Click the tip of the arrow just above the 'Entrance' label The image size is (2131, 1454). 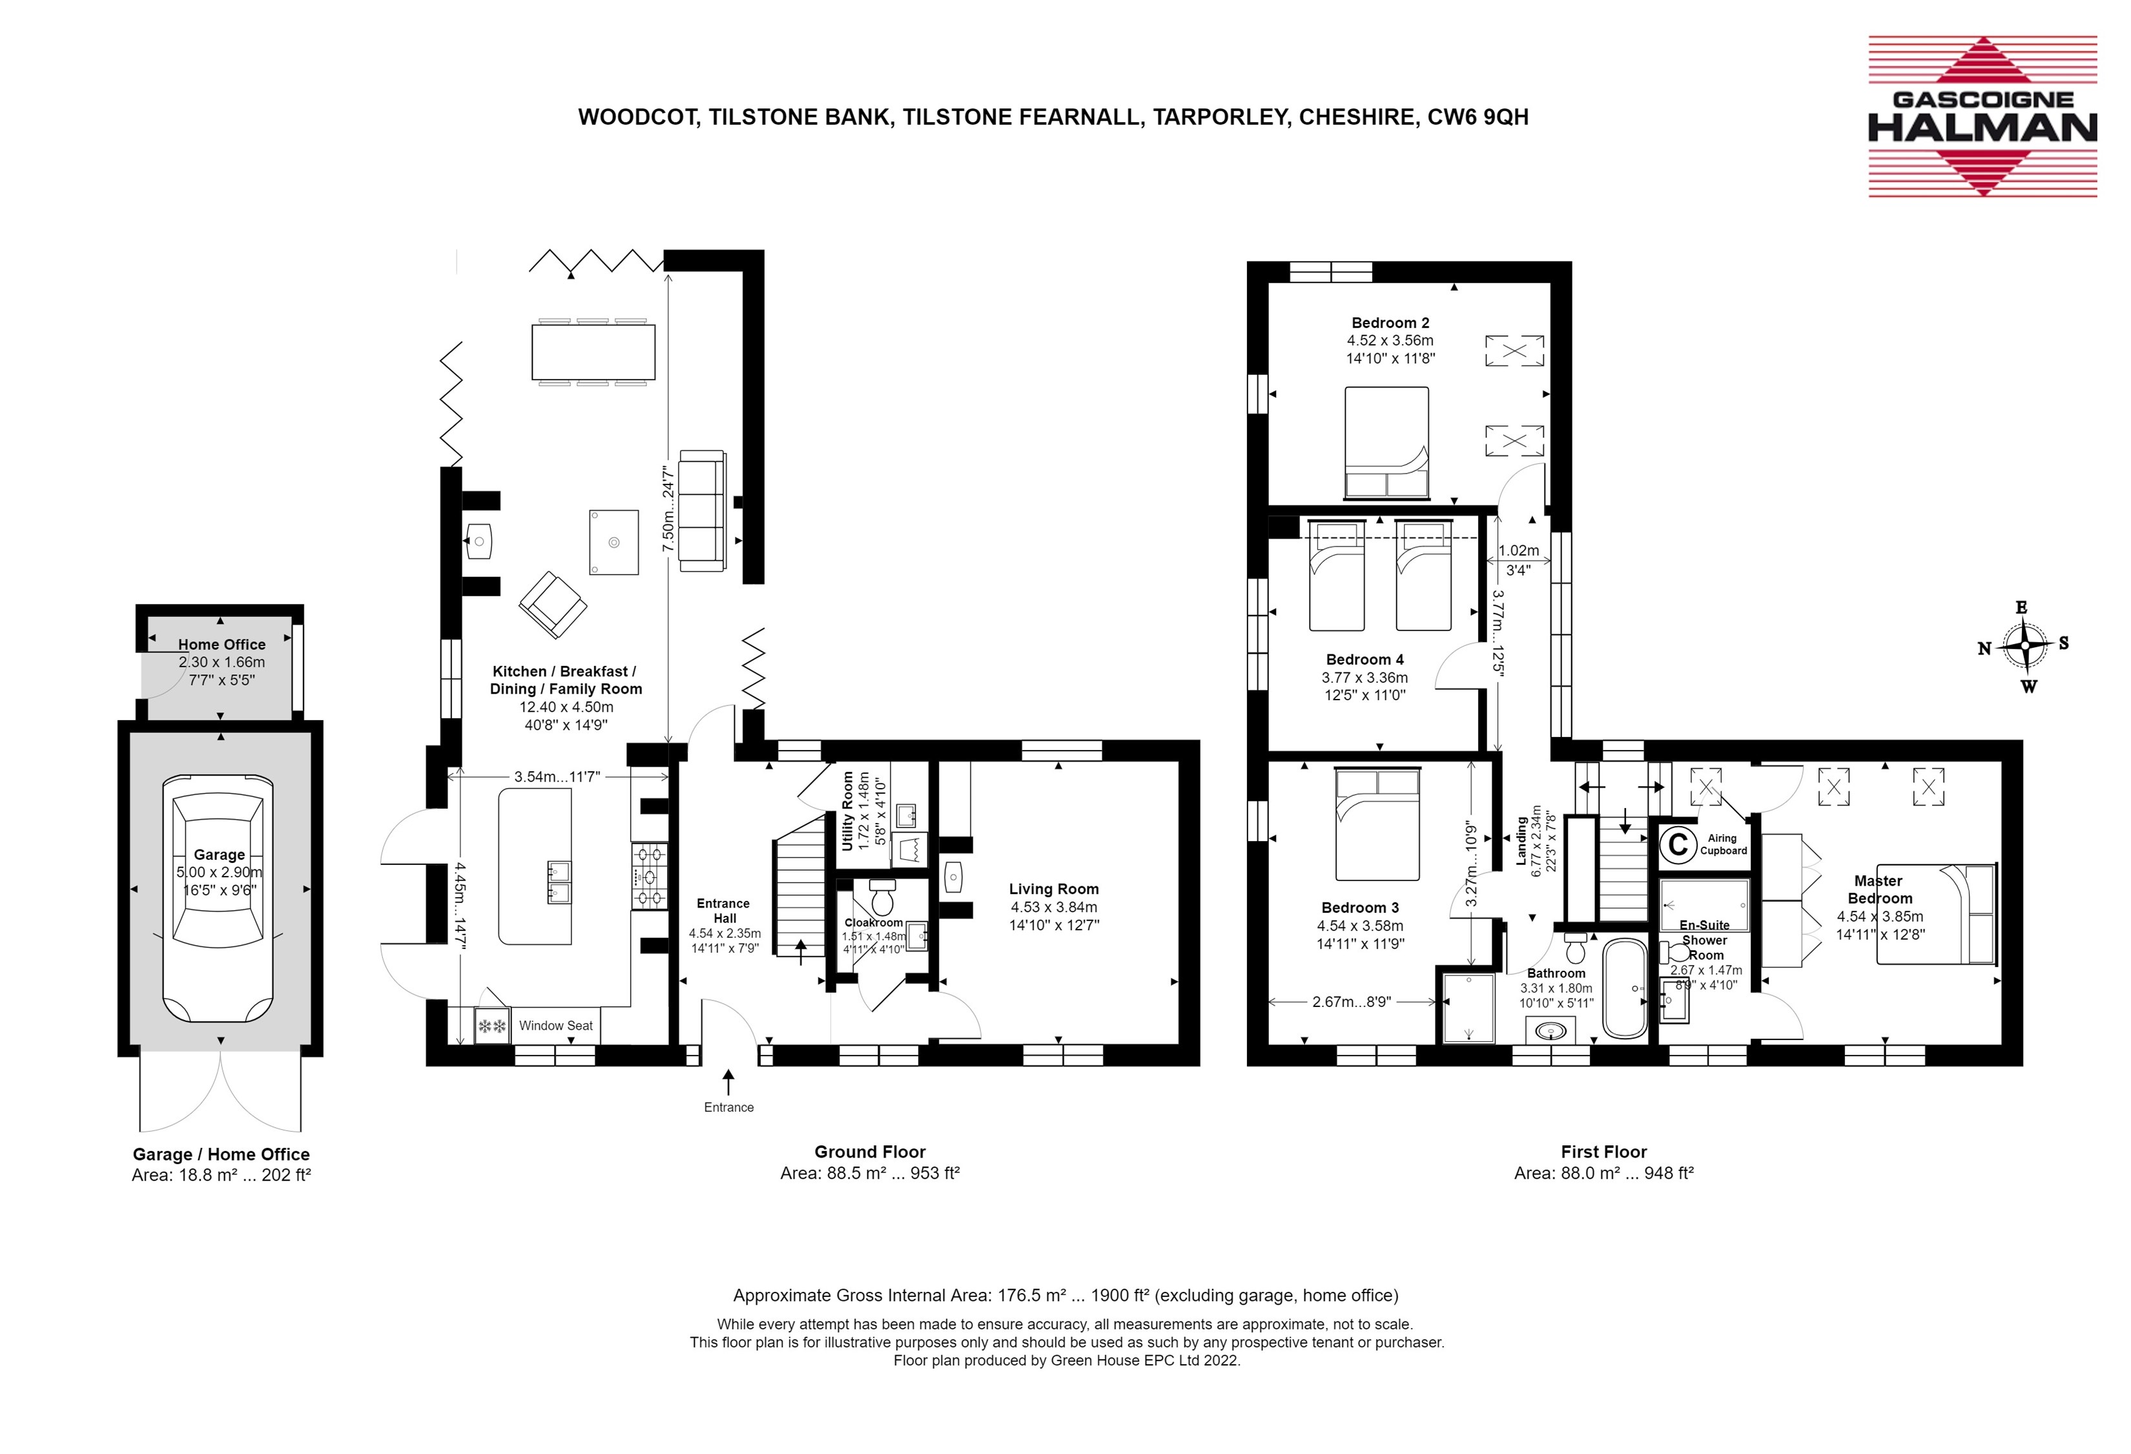click(x=729, y=1069)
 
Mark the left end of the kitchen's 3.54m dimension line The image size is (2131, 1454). click(x=448, y=776)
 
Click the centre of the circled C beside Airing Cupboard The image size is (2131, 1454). click(x=1678, y=844)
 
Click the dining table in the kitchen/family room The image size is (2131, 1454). click(x=593, y=351)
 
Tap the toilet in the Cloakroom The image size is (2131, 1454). click(x=882, y=897)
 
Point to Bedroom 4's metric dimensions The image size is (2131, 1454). click(x=1364, y=678)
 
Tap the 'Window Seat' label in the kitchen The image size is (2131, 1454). click(x=555, y=1026)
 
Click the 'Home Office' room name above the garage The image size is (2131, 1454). click(x=222, y=645)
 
